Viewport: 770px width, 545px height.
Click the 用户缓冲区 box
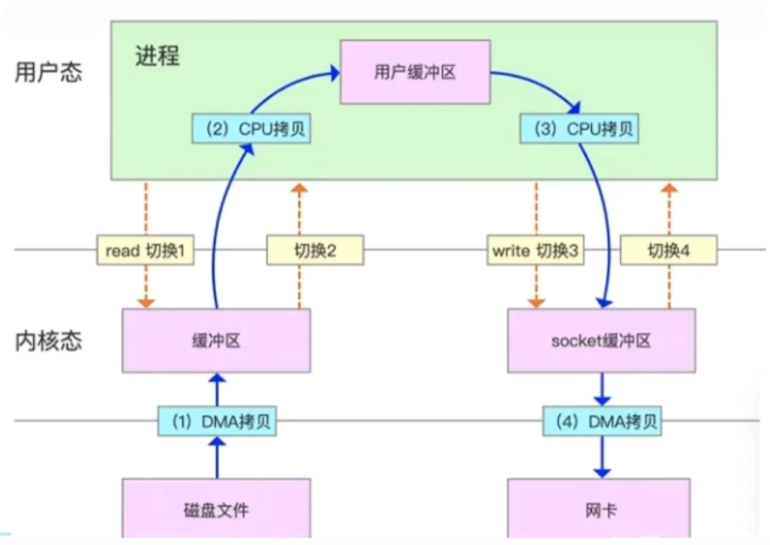pos(415,73)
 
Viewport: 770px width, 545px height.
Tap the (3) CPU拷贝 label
pos(578,128)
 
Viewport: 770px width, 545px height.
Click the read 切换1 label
pos(144,251)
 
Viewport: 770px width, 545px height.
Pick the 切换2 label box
pos(314,251)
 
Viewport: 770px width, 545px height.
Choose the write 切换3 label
pos(535,251)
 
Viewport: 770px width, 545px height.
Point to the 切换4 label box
pos(668,251)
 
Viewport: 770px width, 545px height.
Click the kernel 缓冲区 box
pos(216,340)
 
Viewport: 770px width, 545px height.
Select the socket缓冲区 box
pos(601,340)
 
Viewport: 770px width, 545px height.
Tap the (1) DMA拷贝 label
pos(217,422)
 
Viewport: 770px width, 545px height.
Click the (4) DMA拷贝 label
pos(602,422)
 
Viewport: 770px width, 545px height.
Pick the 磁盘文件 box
pos(216,510)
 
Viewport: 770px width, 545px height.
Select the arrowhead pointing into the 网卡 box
pos(602,473)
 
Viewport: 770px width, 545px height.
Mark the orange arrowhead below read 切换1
pos(144,303)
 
